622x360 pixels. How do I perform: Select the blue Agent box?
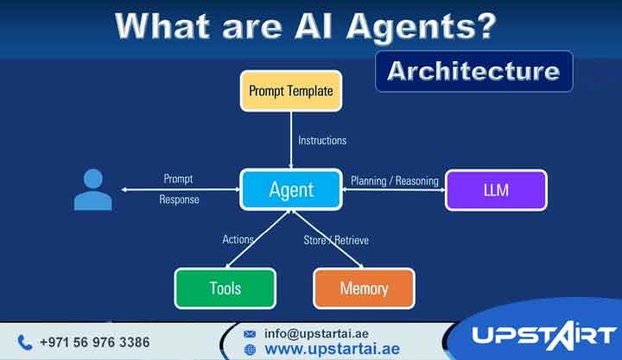coord(291,189)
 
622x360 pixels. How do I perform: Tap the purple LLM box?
coord(496,190)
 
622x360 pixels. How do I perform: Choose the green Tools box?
coord(225,288)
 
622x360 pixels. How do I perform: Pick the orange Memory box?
coord(364,288)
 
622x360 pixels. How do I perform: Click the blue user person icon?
coord(92,190)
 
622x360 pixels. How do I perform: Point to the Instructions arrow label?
coord(322,140)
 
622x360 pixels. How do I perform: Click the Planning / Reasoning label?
coord(394,181)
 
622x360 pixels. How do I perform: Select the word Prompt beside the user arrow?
coord(178,180)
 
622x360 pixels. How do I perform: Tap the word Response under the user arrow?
coord(179,199)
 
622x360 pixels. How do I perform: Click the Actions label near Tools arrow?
coord(238,239)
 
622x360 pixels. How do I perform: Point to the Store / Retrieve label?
coord(336,240)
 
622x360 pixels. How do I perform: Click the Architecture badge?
coord(473,71)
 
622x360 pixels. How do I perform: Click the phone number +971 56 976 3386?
coord(94,343)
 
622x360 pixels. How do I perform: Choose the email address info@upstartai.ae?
coord(317,333)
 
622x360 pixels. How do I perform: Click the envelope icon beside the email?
coord(251,333)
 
